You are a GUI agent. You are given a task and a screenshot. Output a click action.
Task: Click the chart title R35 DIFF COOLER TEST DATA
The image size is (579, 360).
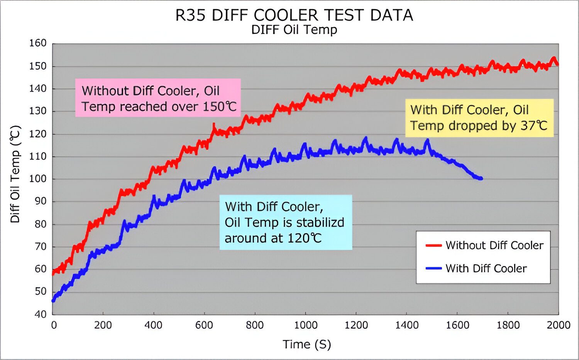294,15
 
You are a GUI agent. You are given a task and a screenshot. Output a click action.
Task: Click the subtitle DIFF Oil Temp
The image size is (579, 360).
294,30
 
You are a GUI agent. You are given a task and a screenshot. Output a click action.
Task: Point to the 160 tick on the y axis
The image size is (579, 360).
38,43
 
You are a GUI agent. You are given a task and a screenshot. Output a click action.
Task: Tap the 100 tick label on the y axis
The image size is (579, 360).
38,179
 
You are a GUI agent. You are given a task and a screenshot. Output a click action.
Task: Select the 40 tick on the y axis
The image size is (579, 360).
40,314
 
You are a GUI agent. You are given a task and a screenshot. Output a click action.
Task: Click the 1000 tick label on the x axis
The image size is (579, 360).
306,325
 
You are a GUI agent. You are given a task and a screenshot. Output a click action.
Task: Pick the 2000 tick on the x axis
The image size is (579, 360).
558,325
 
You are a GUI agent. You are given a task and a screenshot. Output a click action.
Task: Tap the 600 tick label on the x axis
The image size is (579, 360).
204,325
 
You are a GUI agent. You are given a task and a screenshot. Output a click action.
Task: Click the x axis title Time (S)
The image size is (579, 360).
307,344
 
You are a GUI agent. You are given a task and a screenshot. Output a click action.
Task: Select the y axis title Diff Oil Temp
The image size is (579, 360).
15,174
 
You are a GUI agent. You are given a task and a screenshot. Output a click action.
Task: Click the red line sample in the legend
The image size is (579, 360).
433,245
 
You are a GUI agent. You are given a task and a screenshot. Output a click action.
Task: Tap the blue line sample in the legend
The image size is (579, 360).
433,268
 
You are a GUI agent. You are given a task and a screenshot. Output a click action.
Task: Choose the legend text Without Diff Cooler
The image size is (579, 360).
494,245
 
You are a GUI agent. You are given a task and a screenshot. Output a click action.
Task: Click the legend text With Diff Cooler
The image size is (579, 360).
486,268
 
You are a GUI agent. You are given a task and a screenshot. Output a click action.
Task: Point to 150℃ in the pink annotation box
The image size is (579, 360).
219,107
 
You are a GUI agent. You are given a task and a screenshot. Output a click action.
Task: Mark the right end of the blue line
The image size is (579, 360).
481,178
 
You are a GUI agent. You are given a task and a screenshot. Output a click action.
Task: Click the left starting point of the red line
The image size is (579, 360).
53,272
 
